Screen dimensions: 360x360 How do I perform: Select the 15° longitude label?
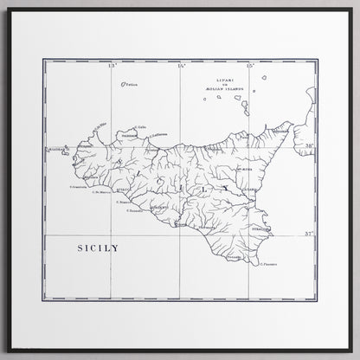coord(248,67)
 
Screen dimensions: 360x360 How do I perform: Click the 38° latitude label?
coord(306,147)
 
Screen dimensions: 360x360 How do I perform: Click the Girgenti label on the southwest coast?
coord(159,209)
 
